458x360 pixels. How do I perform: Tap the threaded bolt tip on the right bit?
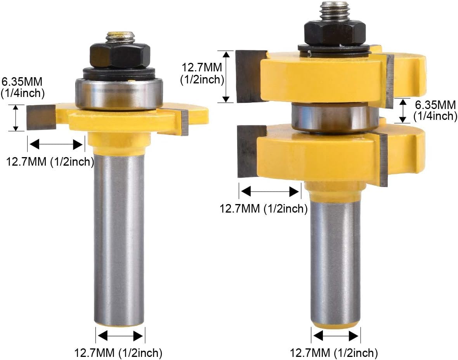(x=335, y=12)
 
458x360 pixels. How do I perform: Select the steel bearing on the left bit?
(x=119, y=94)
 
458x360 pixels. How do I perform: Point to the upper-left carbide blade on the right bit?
(x=251, y=76)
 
